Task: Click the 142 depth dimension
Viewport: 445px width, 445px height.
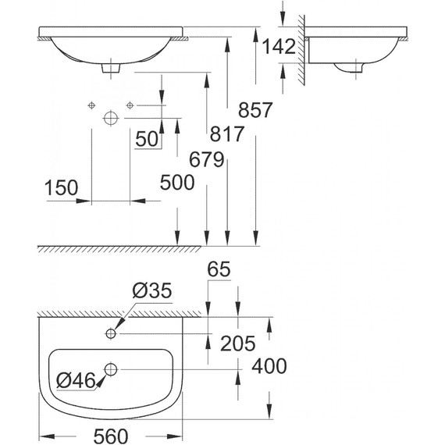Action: pos(279,47)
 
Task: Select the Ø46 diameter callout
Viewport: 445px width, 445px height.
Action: pos(77,381)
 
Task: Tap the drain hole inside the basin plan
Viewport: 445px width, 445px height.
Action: pos(111,366)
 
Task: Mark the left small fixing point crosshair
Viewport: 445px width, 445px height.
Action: pos(91,105)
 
